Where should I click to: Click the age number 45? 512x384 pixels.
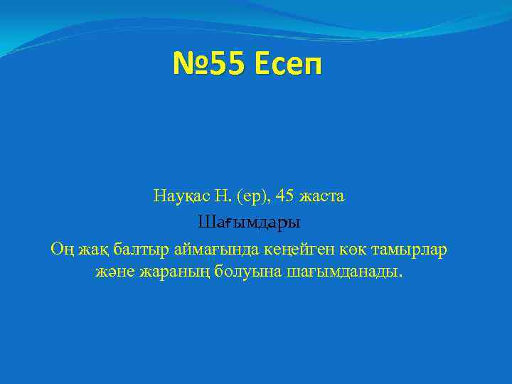tap(284, 196)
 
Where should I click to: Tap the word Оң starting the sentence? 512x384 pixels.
tap(60, 250)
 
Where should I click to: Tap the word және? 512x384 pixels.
tap(114, 272)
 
